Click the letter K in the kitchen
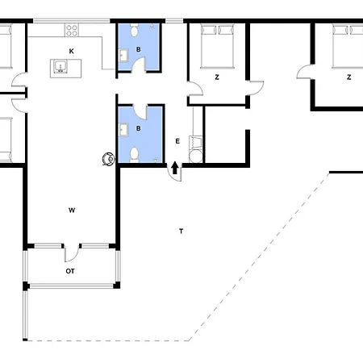(71, 52)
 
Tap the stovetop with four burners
(71, 31)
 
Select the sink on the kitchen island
(60, 67)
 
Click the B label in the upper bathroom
(138, 48)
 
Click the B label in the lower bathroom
(138, 127)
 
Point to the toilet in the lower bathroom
(135, 153)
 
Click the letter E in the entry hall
(177, 141)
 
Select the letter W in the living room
(72, 210)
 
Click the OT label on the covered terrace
(70, 271)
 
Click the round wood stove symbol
(105, 160)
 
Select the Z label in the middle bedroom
(217, 77)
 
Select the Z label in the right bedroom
(348, 77)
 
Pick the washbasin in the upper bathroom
(123, 56)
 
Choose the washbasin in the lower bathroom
(123, 127)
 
